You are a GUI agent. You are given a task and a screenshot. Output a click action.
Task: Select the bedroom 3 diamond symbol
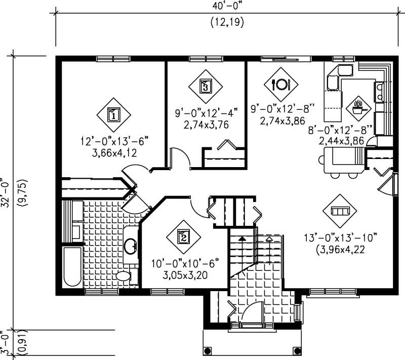point(205,86)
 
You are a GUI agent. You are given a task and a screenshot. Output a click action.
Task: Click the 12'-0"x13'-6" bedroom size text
point(114,140)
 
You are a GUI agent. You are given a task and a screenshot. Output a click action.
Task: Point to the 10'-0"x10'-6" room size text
point(184,264)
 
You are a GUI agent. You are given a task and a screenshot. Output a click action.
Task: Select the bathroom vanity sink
point(131,247)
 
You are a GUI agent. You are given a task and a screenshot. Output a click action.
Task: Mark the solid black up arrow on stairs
point(242,237)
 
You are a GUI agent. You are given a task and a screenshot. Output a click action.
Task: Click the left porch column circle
point(208,351)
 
